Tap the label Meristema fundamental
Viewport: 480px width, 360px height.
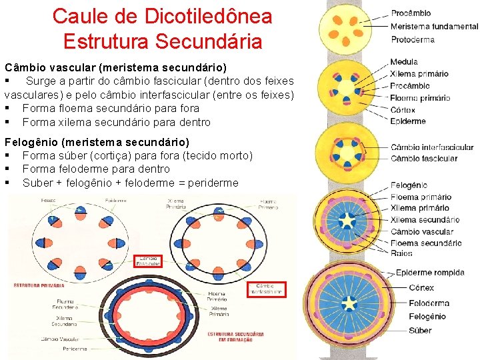(434, 26)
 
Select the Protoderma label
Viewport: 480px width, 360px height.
(412, 39)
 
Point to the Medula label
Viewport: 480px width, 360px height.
(404, 62)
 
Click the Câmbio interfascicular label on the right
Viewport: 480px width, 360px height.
(431, 147)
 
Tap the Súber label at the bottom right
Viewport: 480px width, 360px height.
(420, 331)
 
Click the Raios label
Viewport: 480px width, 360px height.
(401, 253)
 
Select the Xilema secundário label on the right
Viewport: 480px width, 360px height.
(425, 219)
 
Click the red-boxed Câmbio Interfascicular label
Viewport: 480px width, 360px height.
(266, 289)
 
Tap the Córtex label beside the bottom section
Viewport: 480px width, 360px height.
(421, 288)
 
